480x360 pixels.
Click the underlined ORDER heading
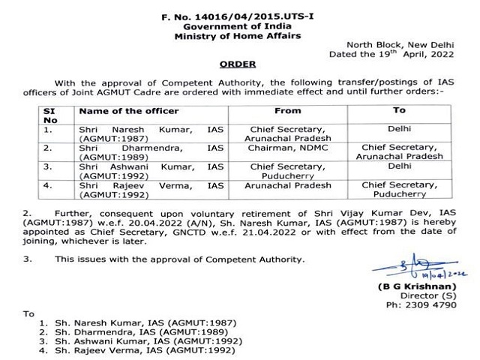tap(238, 65)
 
